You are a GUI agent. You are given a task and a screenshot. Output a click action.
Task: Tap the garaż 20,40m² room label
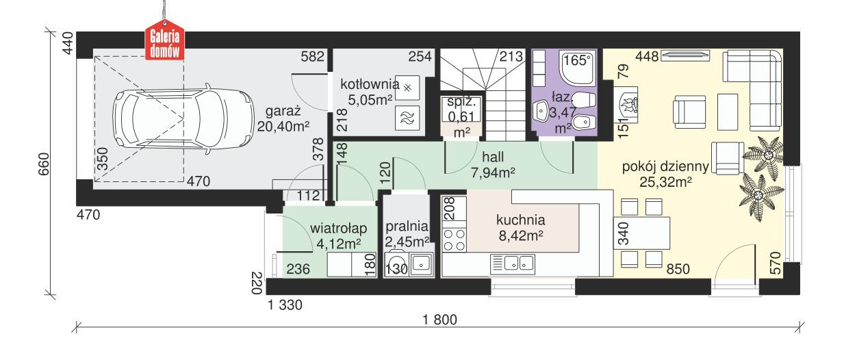(x=283, y=119)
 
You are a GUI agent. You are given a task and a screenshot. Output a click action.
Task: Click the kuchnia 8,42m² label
(x=521, y=228)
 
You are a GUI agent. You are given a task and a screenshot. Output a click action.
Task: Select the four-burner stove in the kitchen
(x=455, y=240)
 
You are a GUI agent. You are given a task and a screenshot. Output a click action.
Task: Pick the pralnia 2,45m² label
(x=406, y=233)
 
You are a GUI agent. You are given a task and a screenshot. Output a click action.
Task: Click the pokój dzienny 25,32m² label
(x=656, y=174)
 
